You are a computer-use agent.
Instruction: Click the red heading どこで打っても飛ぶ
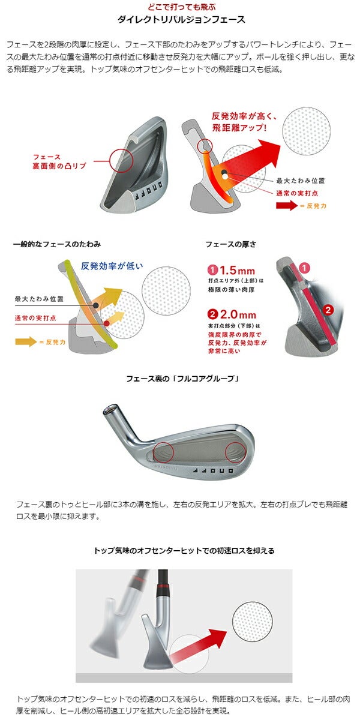pyautogui.click(x=182, y=7)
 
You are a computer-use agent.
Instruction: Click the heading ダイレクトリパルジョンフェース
pyautogui.click(x=181, y=20)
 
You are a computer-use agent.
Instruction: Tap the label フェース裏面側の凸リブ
pyautogui.click(x=59, y=161)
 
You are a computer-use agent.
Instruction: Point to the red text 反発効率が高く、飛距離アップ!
pyautogui.click(x=244, y=122)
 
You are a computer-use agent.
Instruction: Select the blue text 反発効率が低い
pyautogui.click(x=112, y=266)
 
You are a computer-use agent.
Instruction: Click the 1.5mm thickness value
pyautogui.click(x=237, y=270)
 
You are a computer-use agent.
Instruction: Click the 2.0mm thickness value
pyautogui.click(x=238, y=314)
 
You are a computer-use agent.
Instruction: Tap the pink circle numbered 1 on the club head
pyautogui.click(x=304, y=268)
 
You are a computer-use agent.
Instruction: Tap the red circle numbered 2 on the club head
pyautogui.click(x=328, y=310)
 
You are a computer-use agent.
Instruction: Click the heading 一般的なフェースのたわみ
pyautogui.click(x=57, y=244)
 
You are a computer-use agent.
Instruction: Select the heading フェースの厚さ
pyautogui.click(x=231, y=244)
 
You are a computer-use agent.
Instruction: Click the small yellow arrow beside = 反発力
pyautogui.click(x=26, y=341)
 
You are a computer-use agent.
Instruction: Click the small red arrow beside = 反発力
pyautogui.click(x=287, y=205)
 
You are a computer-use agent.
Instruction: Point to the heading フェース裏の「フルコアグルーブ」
pyautogui.click(x=182, y=379)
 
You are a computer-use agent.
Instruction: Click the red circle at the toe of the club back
pyautogui.click(x=236, y=452)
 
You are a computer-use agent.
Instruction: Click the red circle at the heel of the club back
pyautogui.click(x=163, y=452)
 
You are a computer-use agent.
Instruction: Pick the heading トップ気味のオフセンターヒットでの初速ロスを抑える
pyautogui.click(x=184, y=551)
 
